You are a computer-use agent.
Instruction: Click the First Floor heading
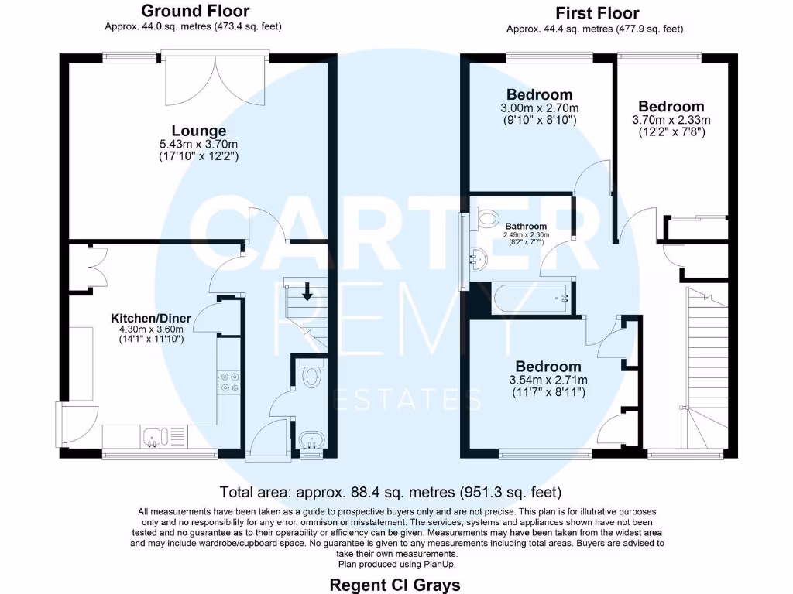tap(597, 13)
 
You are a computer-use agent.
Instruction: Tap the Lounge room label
tap(199, 131)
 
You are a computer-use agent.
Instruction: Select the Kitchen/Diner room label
tap(147, 318)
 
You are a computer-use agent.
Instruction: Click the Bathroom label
tap(527, 226)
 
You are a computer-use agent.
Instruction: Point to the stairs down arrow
tap(307, 292)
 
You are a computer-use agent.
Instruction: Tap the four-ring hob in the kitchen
tap(229, 381)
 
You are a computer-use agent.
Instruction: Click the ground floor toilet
tap(312, 375)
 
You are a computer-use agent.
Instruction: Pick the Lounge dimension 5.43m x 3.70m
tap(199, 144)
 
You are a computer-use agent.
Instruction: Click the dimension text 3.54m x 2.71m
tap(548, 380)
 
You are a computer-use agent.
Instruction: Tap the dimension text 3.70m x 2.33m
tap(671, 120)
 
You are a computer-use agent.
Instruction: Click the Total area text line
tap(390, 492)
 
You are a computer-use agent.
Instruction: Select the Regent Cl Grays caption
tap(395, 584)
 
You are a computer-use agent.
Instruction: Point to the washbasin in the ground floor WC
tap(312, 440)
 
